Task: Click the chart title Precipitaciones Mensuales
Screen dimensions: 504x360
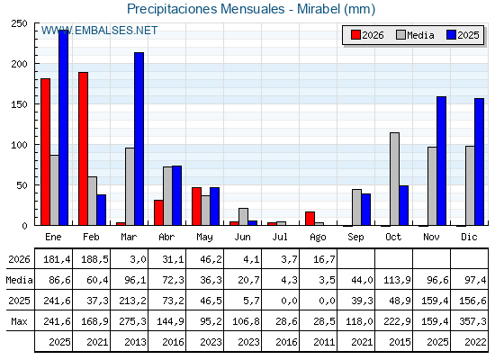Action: [x=206, y=9]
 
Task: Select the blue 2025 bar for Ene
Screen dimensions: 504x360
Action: [x=63, y=128]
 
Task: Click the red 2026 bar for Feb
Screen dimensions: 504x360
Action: [x=83, y=148]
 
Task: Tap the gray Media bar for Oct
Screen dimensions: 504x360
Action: [x=395, y=179]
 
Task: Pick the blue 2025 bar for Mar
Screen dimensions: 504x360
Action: [x=139, y=139]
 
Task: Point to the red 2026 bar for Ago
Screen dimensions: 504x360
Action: [x=310, y=219]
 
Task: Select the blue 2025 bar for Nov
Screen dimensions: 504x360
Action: [x=441, y=161]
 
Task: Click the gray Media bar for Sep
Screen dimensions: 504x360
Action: [x=356, y=207]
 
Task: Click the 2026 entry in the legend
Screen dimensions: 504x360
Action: [x=368, y=35]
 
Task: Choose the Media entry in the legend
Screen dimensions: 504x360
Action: [x=415, y=35]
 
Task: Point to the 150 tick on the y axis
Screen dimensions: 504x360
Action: [x=19, y=104]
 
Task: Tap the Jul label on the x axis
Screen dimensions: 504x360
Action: [x=280, y=237]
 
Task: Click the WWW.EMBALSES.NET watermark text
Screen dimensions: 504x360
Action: [x=99, y=31]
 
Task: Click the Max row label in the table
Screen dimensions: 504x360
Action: [x=19, y=321]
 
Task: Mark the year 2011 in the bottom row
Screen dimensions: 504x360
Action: [x=324, y=342]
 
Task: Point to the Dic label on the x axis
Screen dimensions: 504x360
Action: [x=469, y=237]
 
